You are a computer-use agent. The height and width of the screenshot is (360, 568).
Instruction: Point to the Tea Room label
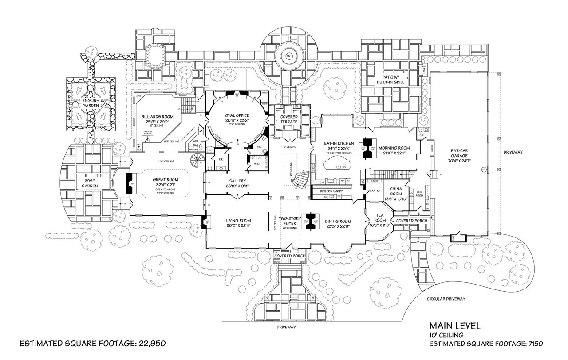coord(380,218)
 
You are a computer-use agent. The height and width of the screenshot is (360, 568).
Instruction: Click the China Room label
coord(396,191)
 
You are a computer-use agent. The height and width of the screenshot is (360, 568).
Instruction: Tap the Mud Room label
coord(418,193)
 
